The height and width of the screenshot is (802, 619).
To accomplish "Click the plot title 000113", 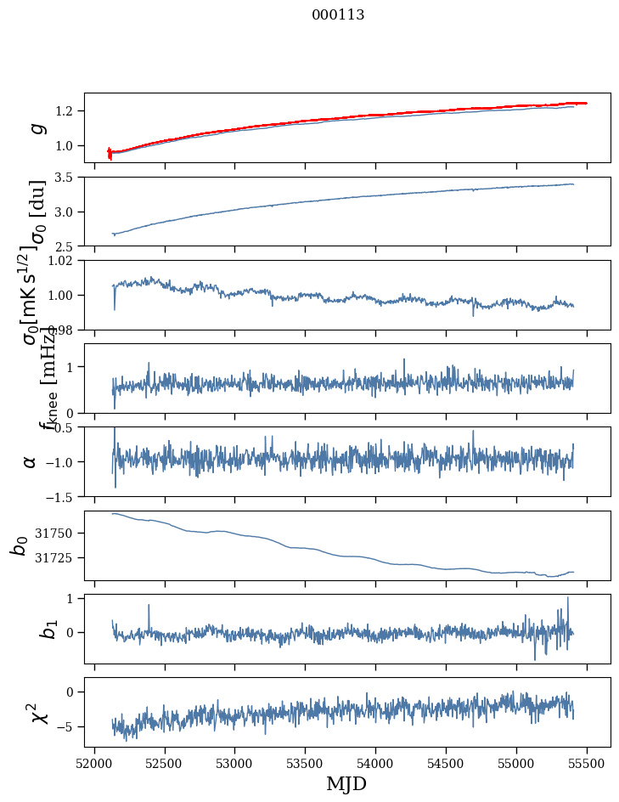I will click(338, 15).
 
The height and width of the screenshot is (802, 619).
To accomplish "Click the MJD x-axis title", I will click(346, 783).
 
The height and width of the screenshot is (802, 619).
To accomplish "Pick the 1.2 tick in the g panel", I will click(66, 111).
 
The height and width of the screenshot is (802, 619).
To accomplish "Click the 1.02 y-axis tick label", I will click(64, 261).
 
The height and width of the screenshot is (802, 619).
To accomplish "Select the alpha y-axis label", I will click(31, 461).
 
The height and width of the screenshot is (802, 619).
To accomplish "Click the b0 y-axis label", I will click(19, 545).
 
